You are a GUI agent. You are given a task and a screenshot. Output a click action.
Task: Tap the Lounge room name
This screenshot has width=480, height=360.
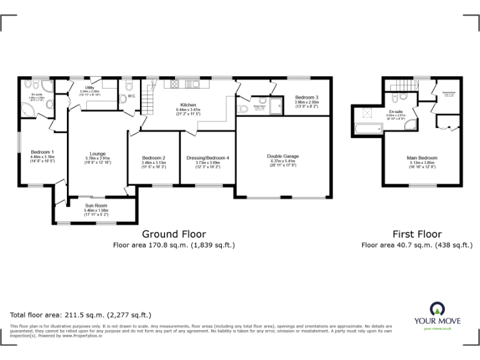point(97,153)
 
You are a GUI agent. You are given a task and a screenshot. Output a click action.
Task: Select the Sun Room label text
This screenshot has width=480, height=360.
point(96,206)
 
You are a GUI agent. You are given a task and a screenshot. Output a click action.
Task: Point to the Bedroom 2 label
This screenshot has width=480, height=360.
point(153,157)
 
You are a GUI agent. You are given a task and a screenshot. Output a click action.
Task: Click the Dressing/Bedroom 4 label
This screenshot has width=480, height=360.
point(207,157)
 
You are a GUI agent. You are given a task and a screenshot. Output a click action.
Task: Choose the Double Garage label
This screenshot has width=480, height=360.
point(282,156)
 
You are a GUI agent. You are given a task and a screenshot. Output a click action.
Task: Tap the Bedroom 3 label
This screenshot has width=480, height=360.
point(307,97)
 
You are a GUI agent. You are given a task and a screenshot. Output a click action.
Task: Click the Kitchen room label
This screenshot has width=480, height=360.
point(188,105)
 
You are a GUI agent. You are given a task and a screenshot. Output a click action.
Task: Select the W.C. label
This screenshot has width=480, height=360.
point(131,96)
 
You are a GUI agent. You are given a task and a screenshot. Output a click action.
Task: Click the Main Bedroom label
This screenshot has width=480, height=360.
point(422,158)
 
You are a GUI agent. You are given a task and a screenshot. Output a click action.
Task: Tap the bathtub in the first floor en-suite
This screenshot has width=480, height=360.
point(368,130)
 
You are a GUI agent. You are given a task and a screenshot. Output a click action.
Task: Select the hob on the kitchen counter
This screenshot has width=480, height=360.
point(175,84)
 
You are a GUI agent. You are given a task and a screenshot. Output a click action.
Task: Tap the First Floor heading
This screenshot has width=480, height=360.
point(417,234)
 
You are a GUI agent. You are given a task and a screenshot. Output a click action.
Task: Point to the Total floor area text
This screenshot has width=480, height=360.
point(81,315)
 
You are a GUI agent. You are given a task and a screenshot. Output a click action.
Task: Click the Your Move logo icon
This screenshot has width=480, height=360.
point(436,309)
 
